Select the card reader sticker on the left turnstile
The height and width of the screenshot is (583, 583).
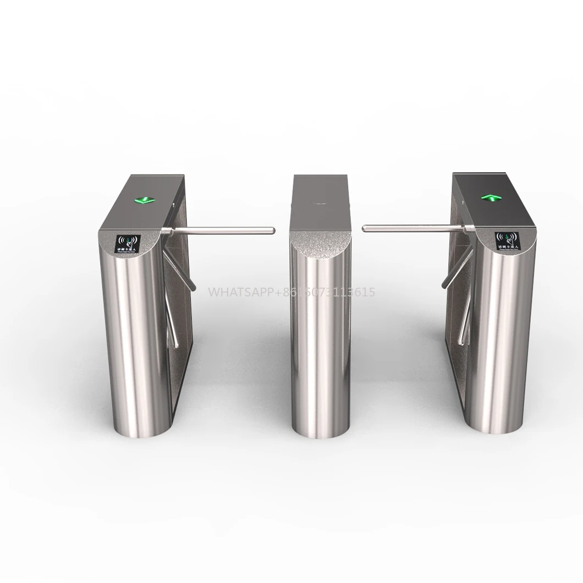pyautogui.click(x=128, y=243)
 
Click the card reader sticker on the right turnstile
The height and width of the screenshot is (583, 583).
pyautogui.click(x=507, y=239)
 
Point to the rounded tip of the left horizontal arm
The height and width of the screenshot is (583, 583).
pyautogui.click(x=272, y=230)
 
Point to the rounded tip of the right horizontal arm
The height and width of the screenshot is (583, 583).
pyautogui.click(x=365, y=227)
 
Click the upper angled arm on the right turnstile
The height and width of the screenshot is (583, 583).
pyautogui.click(x=455, y=272)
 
